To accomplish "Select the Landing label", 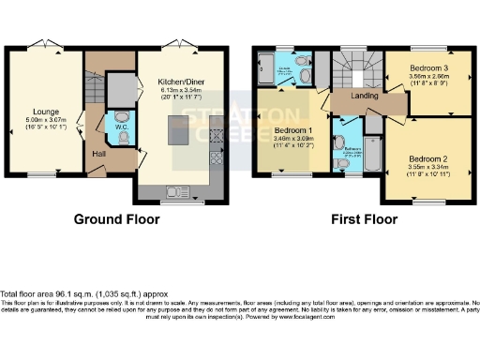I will point(365,97).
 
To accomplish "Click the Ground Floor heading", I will point(116,220).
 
